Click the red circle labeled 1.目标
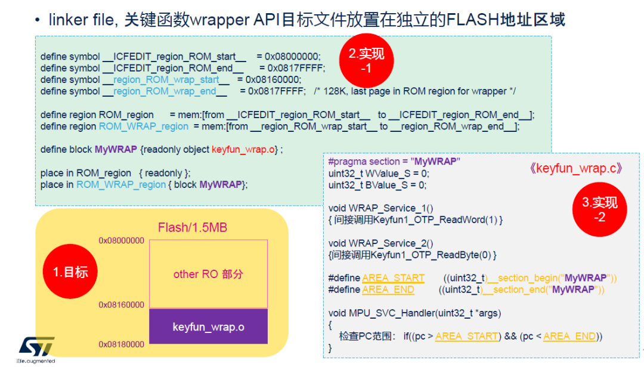67,272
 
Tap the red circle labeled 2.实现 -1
366,61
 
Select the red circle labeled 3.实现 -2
599,209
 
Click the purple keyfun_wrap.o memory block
208,327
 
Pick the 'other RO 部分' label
208,274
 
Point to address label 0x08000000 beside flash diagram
122,240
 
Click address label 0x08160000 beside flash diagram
122,305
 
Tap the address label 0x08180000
122,344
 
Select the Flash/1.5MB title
192,228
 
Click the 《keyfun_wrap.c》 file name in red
575,168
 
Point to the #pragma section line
394,162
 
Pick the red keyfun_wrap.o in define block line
243,149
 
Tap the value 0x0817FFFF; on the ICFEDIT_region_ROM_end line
296,68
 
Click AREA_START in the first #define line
393,278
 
